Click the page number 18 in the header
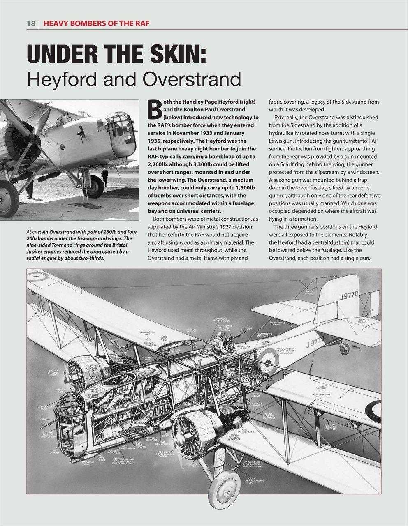pyautogui.click(x=31, y=23)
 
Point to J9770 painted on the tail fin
pyautogui.click(x=349, y=295)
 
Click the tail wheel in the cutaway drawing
pyautogui.click(x=342, y=349)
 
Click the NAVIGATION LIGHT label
pyautogui.click(x=147, y=333)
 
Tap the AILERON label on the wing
pyautogui.click(x=320, y=388)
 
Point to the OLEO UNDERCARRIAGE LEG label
pyautogui.click(x=256, y=481)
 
